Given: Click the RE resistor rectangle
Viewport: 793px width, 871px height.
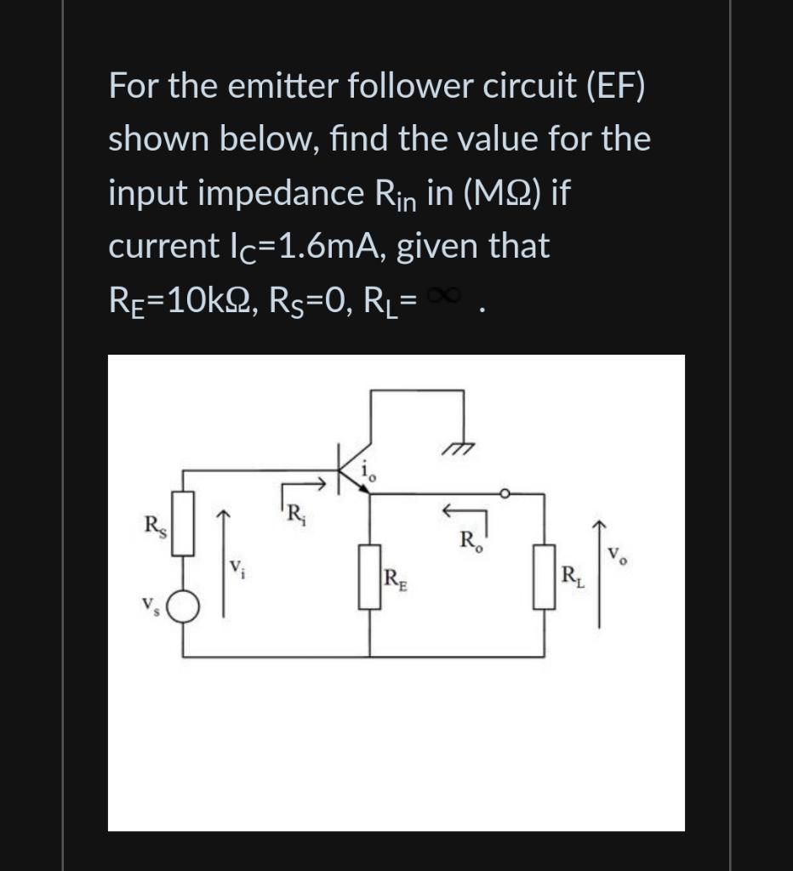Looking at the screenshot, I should coord(369,578).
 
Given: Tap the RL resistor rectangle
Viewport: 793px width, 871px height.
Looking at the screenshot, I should coord(545,578).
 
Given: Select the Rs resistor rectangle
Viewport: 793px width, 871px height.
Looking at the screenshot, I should coord(184,523).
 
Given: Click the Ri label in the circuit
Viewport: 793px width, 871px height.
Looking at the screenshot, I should coord(294,514).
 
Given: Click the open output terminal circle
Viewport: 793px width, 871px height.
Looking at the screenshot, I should coord(504,492).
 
